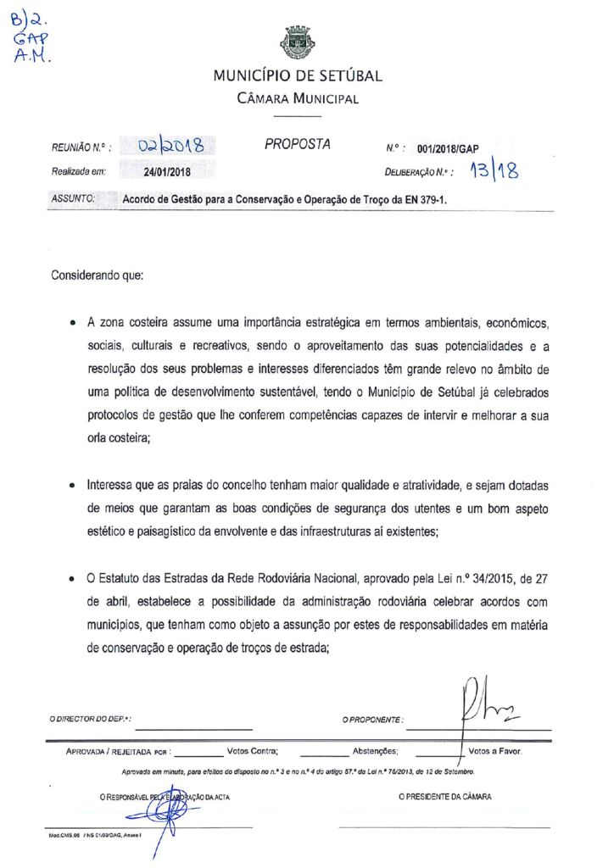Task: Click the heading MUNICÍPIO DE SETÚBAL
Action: tap(298, 75)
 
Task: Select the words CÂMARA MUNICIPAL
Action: tap(298, 98)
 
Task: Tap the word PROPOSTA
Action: tap(297, 144)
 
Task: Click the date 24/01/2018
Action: tap(168, 172)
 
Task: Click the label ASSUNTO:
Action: tap(72, 199)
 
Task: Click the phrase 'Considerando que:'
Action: tap(98, 276)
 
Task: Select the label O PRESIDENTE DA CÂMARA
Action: tap(444, 797)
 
